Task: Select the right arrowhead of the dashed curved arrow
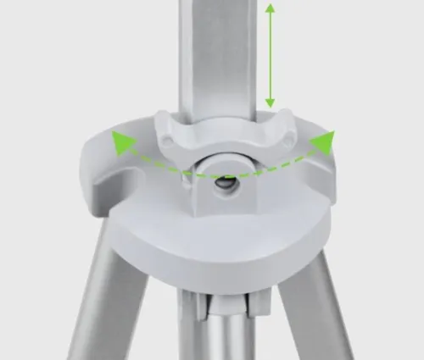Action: pos(323,141)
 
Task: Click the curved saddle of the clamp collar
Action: pos(222,140)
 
